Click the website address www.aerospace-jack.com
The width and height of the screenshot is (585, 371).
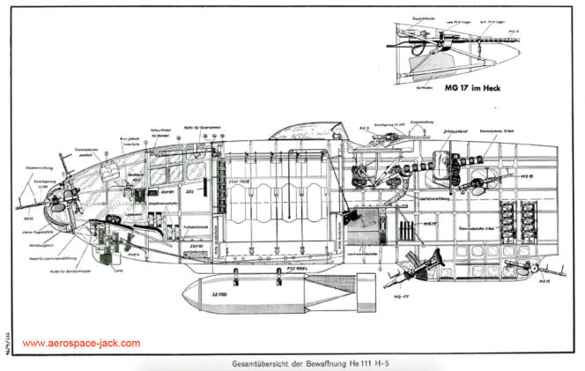click(x=81, y=343)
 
